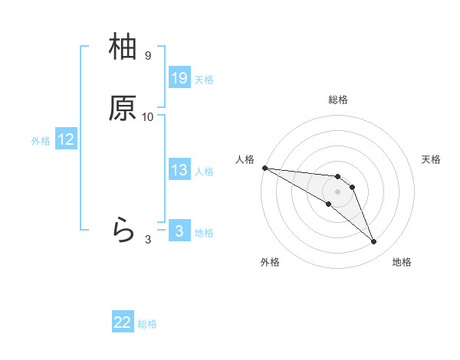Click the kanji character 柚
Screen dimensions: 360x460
(123, 48)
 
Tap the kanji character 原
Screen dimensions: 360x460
(123, 109)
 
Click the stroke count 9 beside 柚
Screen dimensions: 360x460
(148, 56)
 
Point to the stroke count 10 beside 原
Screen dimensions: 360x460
(148, 117)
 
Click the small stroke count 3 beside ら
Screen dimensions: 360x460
(148, 239)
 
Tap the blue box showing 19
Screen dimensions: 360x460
(179, 78)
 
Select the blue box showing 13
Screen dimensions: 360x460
(179, 170)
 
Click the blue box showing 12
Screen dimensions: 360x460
(66, 139)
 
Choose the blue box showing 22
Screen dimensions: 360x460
(123, 322)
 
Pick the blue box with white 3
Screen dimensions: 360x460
(179, 231)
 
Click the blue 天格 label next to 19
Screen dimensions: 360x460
(204, 80)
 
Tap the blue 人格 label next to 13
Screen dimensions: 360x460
(204, 172)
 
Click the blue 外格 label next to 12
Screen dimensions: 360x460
(41, 141)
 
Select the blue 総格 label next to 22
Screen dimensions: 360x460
(147, 324)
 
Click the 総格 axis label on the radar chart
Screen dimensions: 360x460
(338, 100)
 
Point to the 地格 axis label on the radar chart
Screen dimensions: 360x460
(402, 262)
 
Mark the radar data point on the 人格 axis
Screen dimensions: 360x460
(264, 168)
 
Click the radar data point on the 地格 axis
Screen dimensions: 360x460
(374, 242)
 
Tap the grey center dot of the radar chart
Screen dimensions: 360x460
(338, 191)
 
